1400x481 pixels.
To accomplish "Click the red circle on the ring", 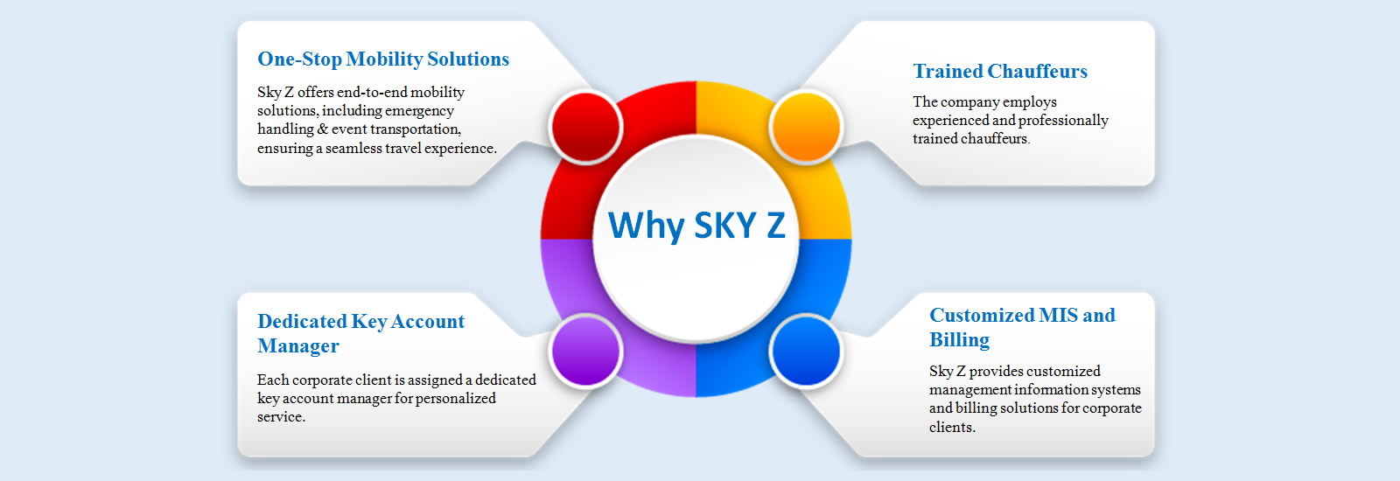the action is [585, 127].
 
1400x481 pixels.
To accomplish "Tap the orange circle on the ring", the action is [806, 127].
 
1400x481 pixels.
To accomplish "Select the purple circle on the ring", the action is [585, 351].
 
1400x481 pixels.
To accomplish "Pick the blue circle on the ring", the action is [806, 351].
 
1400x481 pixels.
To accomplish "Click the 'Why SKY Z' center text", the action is [696, 226].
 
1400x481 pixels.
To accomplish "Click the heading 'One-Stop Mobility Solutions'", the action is [383, 59].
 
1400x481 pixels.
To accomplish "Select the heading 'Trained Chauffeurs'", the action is [1000, 71].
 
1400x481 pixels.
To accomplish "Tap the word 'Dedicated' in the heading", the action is [302, 321].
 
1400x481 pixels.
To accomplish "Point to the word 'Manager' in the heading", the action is [298, 346].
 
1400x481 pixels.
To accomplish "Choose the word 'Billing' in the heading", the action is [959, 340].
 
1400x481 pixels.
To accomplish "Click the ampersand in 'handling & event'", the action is [323, 129].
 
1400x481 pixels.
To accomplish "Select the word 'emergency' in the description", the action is [419, 111].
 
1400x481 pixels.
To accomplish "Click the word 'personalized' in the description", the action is [456, 399].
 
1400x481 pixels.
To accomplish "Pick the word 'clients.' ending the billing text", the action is [953, 428].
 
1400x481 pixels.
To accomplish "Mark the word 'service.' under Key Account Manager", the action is [281, 416].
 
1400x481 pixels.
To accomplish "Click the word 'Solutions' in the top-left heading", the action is [468, 59].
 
